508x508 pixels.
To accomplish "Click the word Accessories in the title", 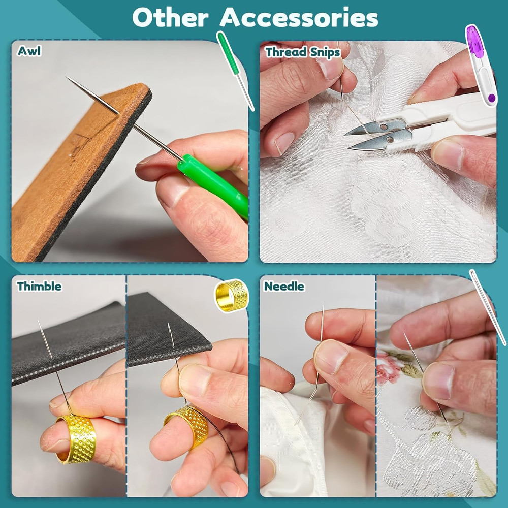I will point(299,18).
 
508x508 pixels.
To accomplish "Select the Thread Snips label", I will point(302,52).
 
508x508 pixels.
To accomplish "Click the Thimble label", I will point(39,287).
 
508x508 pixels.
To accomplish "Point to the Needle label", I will point(284,287).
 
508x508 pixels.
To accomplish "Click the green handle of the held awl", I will point(213,183).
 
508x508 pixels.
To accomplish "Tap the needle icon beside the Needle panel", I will point(488,307).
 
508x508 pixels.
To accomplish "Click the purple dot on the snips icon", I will point(491,97).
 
